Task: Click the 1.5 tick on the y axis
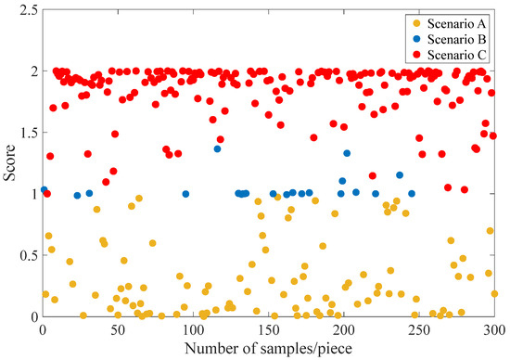pyautogui.click(x=27, y=133)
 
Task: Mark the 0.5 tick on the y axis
pyautogui.click(x=27, y=255)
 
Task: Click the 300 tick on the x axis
pyautogui.click(x=492, y=328)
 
